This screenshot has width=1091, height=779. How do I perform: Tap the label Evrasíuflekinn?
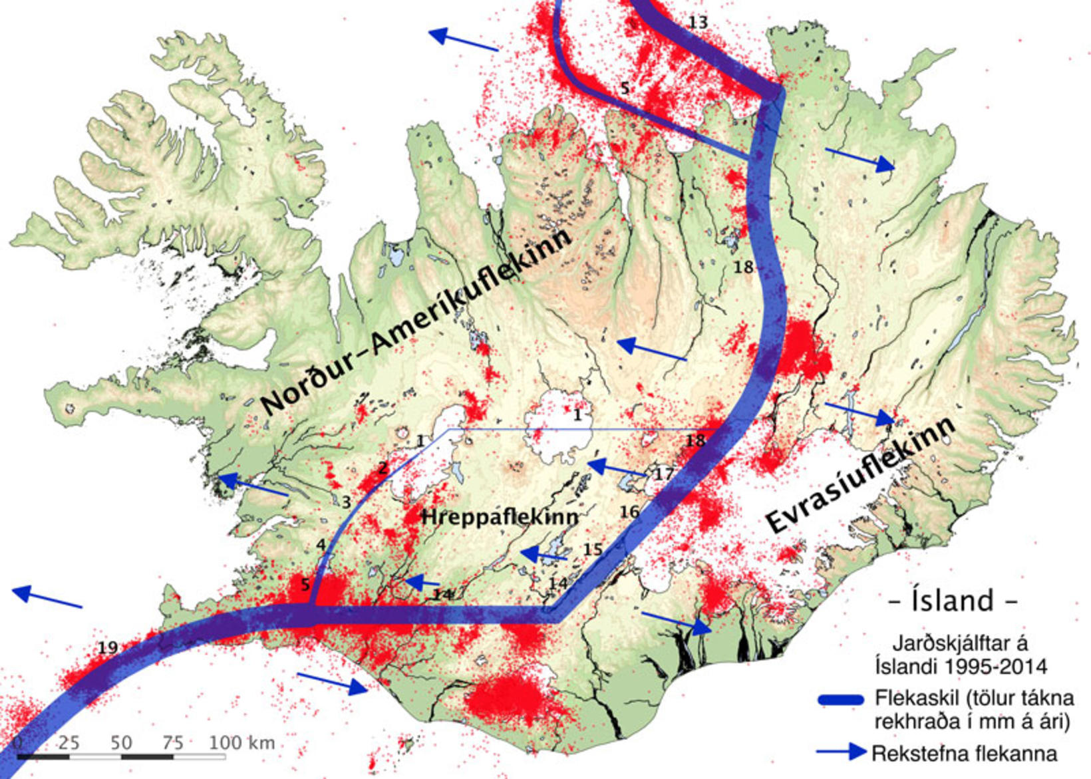coord(861,475)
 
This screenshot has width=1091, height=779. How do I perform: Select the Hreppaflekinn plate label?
coord(500,517)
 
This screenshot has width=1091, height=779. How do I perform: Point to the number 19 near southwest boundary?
coord(108,647)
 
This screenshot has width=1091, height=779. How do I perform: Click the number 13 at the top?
coord(697,23)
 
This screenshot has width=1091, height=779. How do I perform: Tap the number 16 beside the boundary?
coord(629,512)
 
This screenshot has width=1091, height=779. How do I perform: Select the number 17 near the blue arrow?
coord(663,474)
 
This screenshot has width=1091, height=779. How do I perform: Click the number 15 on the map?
coord(592,549)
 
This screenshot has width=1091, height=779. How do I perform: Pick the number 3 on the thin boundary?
coord(346,502)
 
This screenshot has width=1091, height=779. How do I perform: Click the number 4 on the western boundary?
coord(321,545)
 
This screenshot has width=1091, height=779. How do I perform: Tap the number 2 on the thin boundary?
coord(383,468)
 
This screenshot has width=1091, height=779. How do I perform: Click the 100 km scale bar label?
coord(241,742)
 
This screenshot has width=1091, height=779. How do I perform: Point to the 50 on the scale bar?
coord(121,742)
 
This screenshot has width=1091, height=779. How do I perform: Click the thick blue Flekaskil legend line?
coord(841,699)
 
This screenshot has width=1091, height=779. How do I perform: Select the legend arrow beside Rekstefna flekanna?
coord(842,752)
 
